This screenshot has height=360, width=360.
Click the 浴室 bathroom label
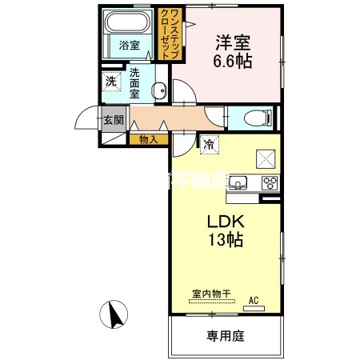(129, 46)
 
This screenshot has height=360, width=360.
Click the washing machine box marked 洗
(110, 81)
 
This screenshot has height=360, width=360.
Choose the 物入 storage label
(149, 139)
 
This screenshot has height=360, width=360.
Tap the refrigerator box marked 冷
(208, 144)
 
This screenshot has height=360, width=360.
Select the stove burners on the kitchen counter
(268, 182)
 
